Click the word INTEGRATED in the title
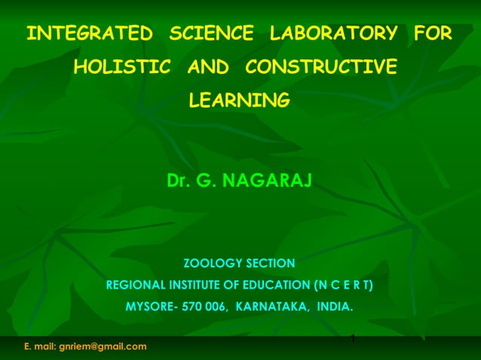(x=89, y=34)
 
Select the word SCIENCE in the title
(x=212, y=34)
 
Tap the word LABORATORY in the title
(x=333, y=34)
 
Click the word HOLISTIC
(x=121, y=67)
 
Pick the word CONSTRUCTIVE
(x=320, y=67)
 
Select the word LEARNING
(x=239, y=100)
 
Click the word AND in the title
(x=207, y=67)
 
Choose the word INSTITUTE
(x=198, y=285)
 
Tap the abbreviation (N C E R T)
(x=342, y=285)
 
